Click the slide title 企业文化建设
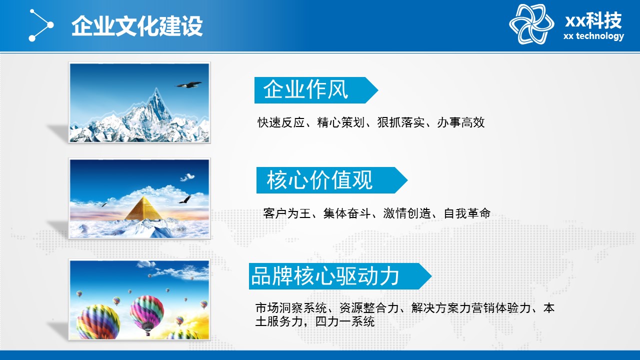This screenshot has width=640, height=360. pyautogui.click(x=137, y=26)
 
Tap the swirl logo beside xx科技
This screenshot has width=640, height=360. pyautogui.click(x=531, y=24)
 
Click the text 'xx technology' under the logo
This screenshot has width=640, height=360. pyautogui.click(x=593, y=36)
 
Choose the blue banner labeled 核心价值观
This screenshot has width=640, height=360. pyautogui.click(x=331, y=180)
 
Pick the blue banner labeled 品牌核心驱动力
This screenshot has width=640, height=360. pyautogui.click(x=340, y=276)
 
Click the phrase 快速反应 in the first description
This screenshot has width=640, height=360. pyautogui.click(x=281, y=122)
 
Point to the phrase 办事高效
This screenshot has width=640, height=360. pyautogui.click(x=461, y=122)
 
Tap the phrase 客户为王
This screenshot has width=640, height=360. pyautogui.click(x=287, y=213)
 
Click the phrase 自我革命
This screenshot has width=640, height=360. pyautogui.click(x=467, y=213)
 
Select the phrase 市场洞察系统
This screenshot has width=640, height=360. pyautogui.click(x=291, y=308)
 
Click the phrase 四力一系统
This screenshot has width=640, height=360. pyautogui.click(x=345, y=321)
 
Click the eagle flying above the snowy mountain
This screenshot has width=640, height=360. pyautogui.click(x=188, y=84)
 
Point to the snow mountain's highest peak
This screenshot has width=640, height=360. pyautogui.click(x=156, y=89)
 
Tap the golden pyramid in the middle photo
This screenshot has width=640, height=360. pyautogui.click(x=143, y=208)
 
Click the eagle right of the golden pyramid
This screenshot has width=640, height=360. pyautogui.click(x=185, y=199)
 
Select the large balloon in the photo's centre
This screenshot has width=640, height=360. pyautogui.click(x=147, y=313)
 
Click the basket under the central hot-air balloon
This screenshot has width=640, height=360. pyautogui.click(x=148, y=333)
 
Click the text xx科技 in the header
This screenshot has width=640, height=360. pyautogui.click(x=593, y=20)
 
